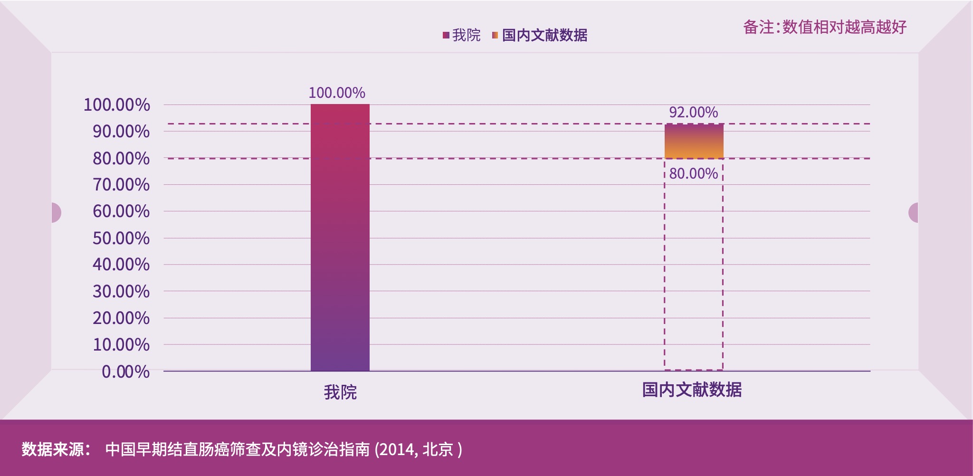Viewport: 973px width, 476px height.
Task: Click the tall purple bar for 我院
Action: coord(340,238)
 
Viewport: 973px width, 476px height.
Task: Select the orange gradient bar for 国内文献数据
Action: coord(694,141)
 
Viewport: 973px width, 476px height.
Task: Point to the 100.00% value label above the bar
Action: coord(337,93)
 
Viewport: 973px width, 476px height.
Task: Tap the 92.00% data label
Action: coord(693,113)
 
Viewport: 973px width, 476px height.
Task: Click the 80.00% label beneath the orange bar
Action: coord(693,174)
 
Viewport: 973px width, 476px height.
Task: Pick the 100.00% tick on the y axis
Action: coord(116,105)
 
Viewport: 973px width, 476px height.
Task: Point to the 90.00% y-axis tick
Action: coord(121,132)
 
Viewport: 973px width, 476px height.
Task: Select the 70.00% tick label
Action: coord(121,185)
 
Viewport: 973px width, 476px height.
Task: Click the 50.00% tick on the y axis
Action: coord(121,238)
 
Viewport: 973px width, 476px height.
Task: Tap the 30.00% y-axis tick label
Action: coord(121,292)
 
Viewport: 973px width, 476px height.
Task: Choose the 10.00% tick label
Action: coord(121,345)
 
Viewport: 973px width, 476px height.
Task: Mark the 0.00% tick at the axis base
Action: coord(125,372)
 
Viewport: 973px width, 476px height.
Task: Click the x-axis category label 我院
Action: coord(340,392)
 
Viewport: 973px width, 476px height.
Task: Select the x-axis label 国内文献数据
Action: coord(692,390)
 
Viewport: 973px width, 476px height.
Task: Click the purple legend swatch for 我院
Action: coord(446,35)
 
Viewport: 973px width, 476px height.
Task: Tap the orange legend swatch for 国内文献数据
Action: coord(495,35)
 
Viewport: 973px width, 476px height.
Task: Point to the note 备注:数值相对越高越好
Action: coord(825,27)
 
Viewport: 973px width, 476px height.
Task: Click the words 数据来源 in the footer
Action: coord(53,449)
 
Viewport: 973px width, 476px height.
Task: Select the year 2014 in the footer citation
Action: coord(397,449)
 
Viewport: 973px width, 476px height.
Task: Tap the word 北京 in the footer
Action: coord(438,449)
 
